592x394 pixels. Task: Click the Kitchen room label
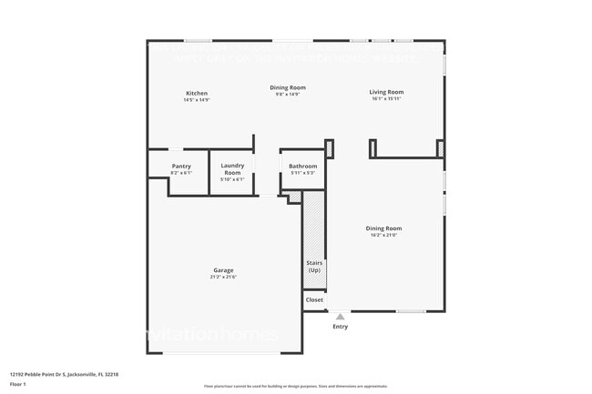click(197, 93)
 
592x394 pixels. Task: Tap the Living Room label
click(386, 92)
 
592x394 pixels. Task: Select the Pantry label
click(181, 166)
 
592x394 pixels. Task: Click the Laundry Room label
click(232, 168)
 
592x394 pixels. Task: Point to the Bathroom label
click(302, 166)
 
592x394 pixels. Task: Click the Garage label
click(223, 269)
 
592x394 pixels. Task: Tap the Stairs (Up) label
click(313, 267)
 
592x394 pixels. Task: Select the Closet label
click(314, 298)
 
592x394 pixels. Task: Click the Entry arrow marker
click(340, 317)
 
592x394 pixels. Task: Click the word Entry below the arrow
click(340, 327)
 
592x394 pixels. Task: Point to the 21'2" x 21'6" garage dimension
click(223, 277)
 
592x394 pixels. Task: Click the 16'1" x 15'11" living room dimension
click(386, 99)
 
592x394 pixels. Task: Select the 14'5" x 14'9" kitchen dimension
click(197, 100)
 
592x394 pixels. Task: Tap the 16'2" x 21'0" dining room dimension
click(383, 236)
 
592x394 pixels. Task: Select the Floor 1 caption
click(17, 384)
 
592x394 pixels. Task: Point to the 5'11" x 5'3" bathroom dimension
click(302, 173)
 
